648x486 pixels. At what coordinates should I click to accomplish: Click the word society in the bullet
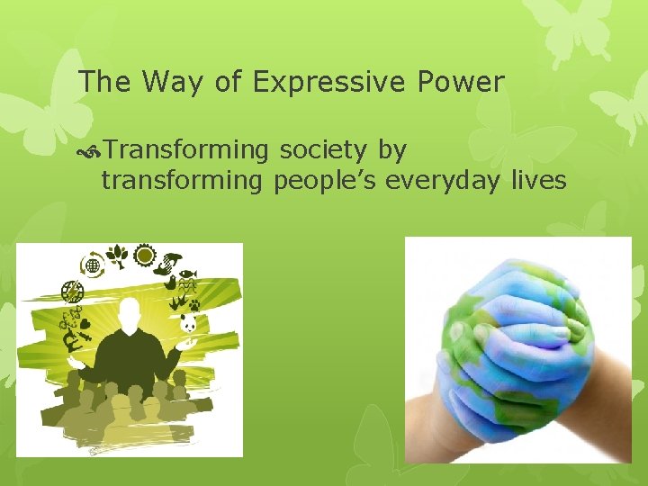[318, 149]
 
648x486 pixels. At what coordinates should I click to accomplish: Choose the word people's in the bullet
[326, 181]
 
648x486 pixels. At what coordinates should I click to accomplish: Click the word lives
[538, 181]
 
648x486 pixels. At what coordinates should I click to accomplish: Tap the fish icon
[187, 274]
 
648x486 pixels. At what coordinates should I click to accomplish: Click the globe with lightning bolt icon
[72, 292]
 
